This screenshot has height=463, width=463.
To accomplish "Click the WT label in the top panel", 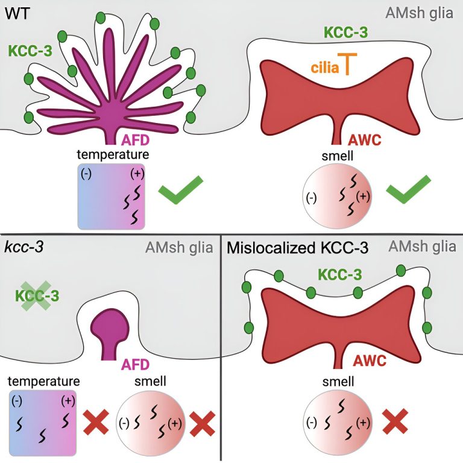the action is [x=17, y=13].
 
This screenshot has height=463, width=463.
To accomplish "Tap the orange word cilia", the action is [x=325, y=68].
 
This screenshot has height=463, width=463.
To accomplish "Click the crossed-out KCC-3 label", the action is [x=37, y=296].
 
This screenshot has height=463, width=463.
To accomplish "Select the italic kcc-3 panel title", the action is [x=24, y=247].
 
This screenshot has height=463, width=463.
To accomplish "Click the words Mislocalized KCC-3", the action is [x=298, y=248].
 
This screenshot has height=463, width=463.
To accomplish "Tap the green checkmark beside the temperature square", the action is [x=181, y=189].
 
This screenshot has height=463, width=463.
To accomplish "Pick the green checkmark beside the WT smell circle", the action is [x=409, y=189].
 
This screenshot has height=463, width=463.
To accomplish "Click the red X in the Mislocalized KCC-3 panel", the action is [x=395, y=421].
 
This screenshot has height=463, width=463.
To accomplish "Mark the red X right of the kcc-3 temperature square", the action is [x=96, y=422].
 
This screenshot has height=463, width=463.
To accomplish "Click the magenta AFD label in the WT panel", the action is [x=135, y=140].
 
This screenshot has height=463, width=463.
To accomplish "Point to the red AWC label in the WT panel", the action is [x=365, y=140].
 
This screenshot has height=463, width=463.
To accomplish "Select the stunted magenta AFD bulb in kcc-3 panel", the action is [x=110, y=333].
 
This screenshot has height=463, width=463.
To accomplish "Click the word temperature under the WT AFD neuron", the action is [x=113, y=154].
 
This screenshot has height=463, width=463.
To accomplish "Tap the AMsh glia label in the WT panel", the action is [x=419, y=13].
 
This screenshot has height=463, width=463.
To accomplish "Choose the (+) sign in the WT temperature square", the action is [x=137, y=174].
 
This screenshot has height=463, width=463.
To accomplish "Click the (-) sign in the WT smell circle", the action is [x=311, y=198].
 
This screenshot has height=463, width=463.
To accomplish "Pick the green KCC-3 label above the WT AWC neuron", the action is [x=346, y=32].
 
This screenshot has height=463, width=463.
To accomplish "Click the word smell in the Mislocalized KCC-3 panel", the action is [x=338, y=382].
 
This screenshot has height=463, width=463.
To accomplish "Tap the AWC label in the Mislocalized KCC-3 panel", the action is [x=370, y=361].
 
